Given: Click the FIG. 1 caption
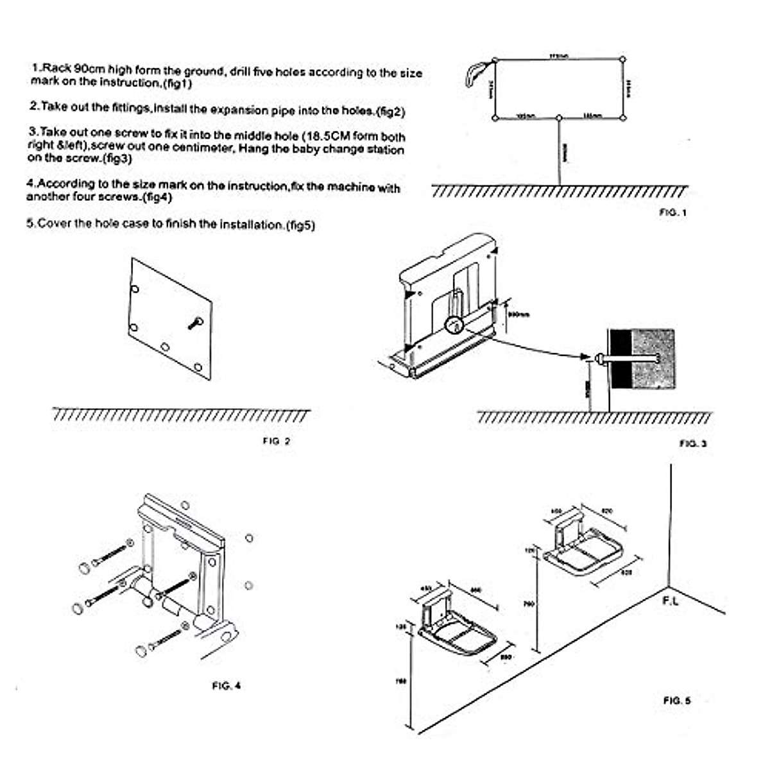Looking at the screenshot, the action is (x=672, y=212).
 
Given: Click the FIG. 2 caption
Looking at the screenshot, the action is (x=277, y=441).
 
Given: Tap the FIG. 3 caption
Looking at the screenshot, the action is (x=693, y=443).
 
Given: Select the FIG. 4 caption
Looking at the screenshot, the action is (x=227, y=686).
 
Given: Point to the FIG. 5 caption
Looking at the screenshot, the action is (x=677, y=701).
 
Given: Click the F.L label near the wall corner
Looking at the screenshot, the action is (x=670, y=601).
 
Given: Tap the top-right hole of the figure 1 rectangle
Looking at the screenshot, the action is (x=622, y=60).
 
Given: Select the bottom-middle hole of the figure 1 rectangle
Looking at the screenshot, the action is (x=560, y=118).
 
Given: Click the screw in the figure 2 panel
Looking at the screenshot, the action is (x=195, y=322).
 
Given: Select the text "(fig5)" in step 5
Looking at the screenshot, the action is (x=300, y=225).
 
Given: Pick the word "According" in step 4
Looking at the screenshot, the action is (x=62, y=184).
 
